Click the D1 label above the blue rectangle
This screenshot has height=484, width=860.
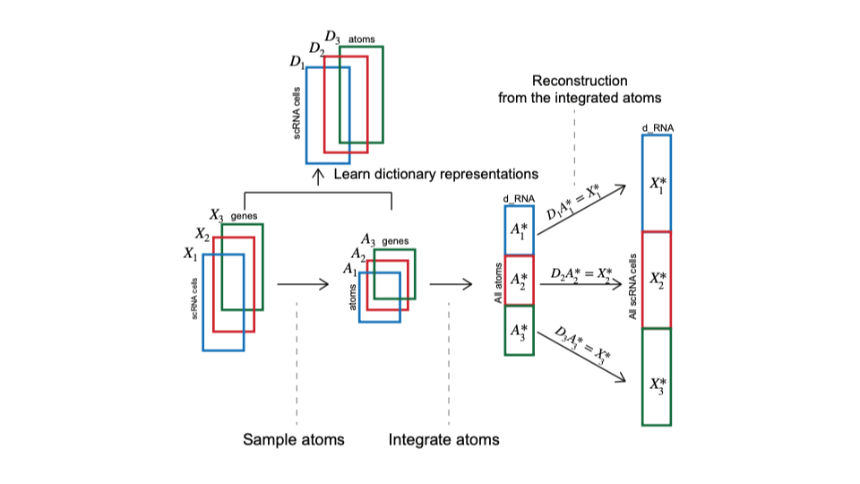point(297,62)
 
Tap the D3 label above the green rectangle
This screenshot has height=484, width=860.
point(332,37)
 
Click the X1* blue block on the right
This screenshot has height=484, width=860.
point(657,183)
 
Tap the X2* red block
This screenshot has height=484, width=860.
point(657,280)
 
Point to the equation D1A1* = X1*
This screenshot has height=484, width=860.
point(576,213)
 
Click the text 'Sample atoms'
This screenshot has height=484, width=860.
point(294,440)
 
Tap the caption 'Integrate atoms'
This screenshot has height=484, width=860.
point(443,440)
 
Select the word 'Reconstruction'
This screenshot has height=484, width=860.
point(580,81)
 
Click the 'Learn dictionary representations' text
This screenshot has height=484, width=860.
point(436,174)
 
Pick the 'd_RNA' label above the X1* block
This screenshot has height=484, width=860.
point(657,129)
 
